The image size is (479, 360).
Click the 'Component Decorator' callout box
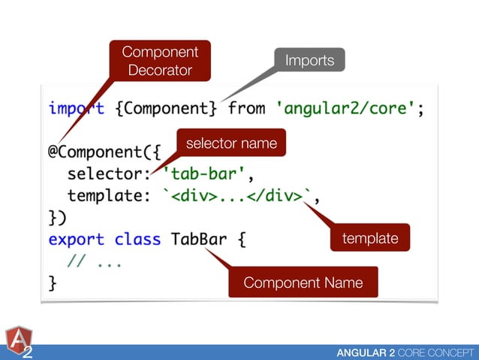click(x=159, y=62)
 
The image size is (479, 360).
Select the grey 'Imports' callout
click(x=309, y=60)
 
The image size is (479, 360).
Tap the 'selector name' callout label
click(x=231, y=143)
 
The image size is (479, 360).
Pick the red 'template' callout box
click(x=369, y=238)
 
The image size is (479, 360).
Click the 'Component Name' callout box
click(x=303, y=283)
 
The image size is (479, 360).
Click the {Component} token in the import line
click(x=166, y=108)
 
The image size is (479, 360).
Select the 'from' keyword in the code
click(x=246, y=108)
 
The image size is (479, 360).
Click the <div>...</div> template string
click(x=240, y=197)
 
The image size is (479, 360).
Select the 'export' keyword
click(x=76, y=240)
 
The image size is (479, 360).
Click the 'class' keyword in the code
click(x=137, y=240)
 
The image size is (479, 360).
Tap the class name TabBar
click(x=197, y=240)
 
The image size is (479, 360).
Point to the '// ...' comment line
click(x=93, y=262)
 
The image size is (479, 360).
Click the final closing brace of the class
click(x=53, y=284)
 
